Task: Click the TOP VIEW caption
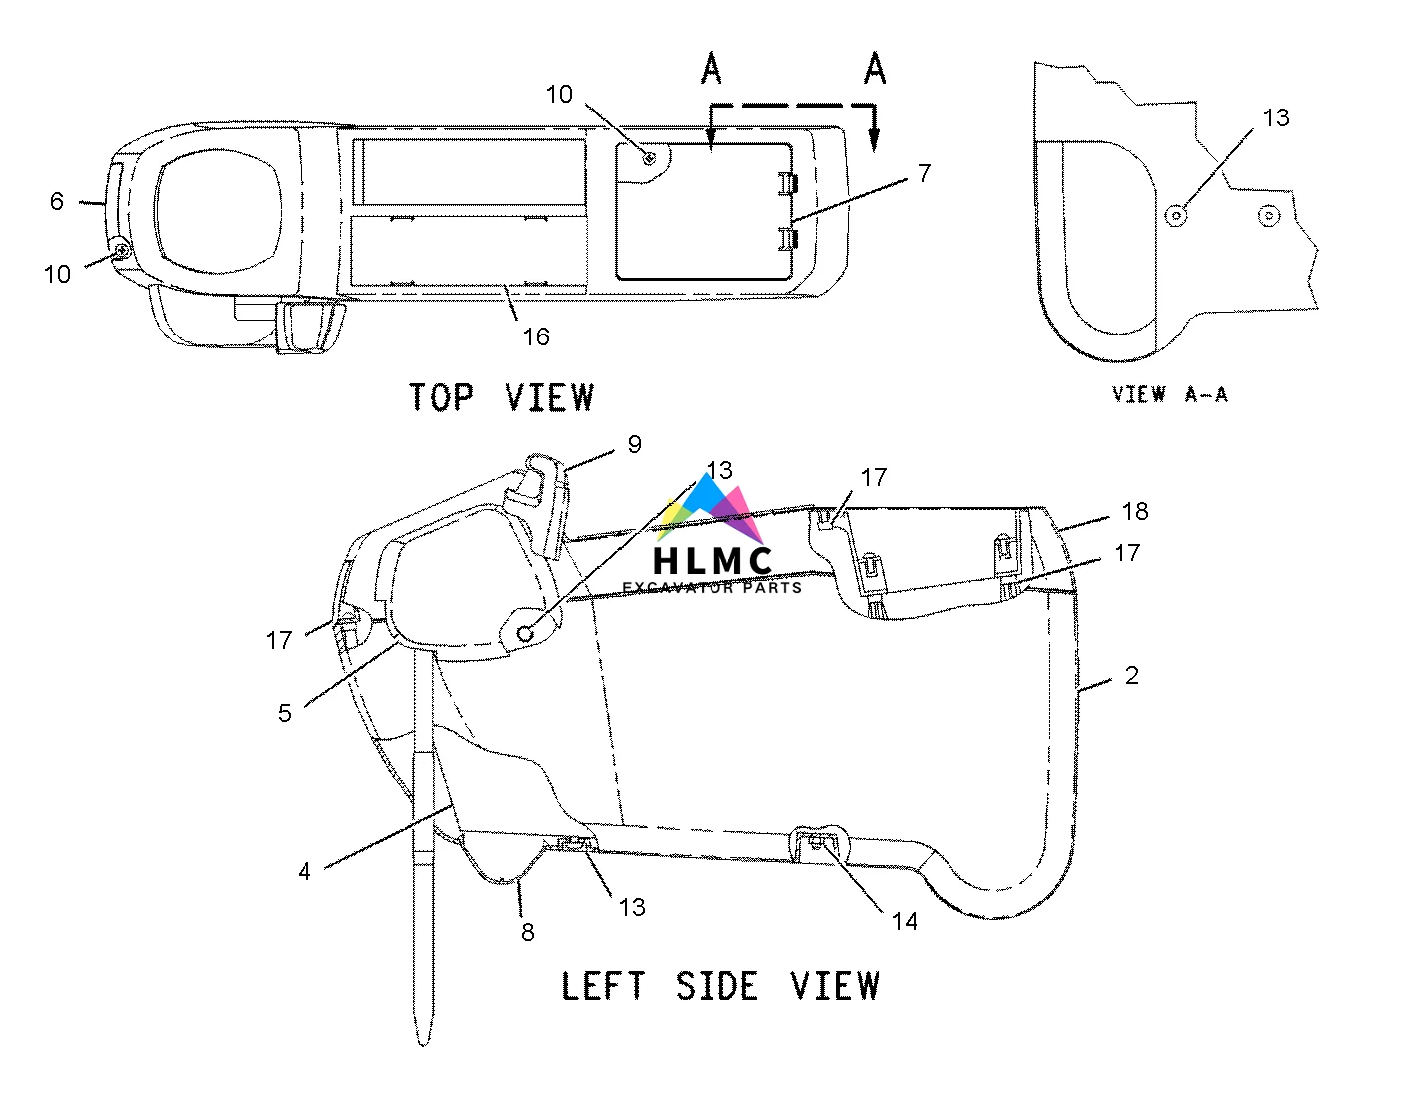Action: [502, 397]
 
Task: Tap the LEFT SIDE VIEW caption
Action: [720, 986]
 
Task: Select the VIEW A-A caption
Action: [1169, 394]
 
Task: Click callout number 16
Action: [536, 336]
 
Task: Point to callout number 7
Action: [925, 173]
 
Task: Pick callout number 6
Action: [57, 201]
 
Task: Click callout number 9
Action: [635, 444]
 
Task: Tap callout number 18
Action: [1135, 511]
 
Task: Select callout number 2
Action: [1131, 675]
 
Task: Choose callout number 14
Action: [905, 922]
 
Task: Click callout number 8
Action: [527, 932]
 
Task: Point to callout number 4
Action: [305, 871]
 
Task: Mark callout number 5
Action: [285, 713]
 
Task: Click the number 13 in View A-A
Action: [1275, 117]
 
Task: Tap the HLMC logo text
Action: [712, 560]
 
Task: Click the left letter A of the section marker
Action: [711, 69]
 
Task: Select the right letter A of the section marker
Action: [874, 69]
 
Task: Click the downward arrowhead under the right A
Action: [874, 140]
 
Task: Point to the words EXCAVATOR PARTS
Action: [712, 587]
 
